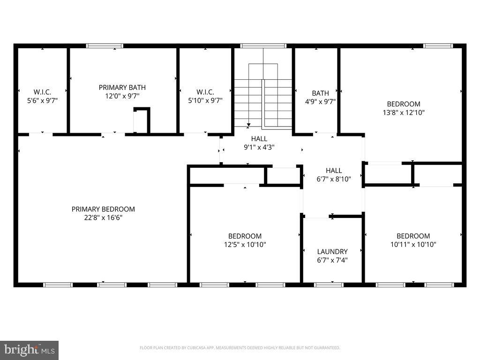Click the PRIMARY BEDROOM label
103,209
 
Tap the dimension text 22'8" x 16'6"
103,217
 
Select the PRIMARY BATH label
122,87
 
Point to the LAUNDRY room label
332,251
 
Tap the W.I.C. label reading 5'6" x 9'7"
42,96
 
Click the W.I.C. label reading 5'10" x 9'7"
205,96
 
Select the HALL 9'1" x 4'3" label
259,143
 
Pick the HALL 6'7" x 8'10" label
334,174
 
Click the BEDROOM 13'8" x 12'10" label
403,108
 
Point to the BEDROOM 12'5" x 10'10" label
245,240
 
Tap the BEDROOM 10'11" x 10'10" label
413,240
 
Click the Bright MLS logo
29,350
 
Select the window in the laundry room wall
329,285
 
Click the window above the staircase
263,46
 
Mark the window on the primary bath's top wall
105,46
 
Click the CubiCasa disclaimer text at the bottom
240,348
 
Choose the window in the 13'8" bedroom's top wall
438,46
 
